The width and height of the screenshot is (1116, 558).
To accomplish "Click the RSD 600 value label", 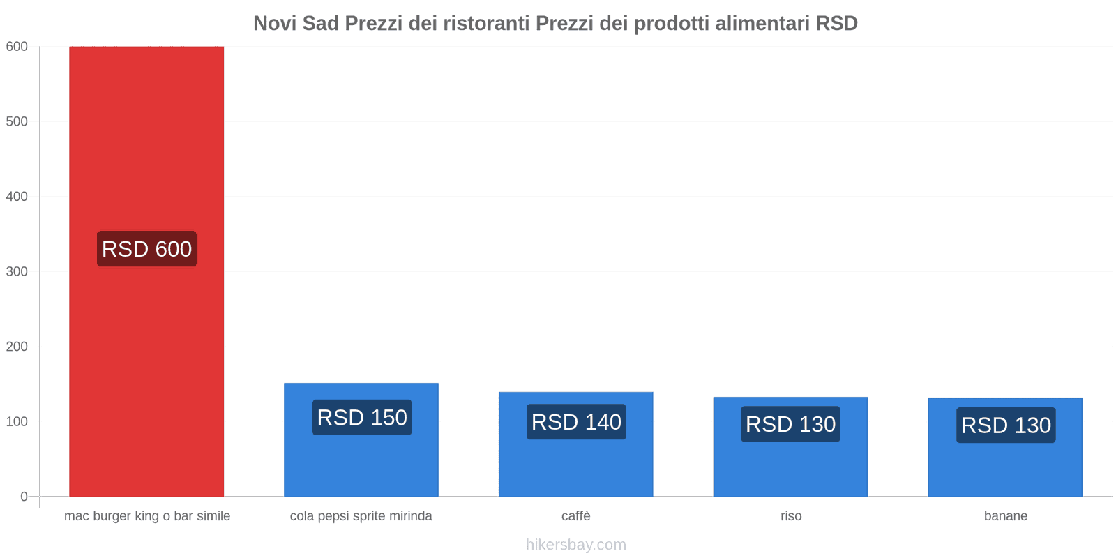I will (146, 249).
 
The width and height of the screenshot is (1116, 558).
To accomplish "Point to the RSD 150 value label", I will (362, 418).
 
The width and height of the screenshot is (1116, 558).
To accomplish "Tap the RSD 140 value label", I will (576, 422).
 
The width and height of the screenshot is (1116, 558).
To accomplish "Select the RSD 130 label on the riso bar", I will (790, 424).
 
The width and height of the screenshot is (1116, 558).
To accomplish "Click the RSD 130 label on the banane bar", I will (1006, 425).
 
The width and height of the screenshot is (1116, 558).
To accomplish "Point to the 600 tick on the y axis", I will (17, 47).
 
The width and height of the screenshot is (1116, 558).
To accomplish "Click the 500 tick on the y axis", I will (17, 121).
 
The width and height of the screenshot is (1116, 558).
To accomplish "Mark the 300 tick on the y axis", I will (17, 271).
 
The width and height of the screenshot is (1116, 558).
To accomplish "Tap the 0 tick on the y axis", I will (24, 497).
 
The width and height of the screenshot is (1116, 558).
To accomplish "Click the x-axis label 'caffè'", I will (576, 516).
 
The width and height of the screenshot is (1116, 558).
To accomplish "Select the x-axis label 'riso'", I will (791, 516).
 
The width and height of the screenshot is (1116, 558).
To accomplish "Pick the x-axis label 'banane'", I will (1006, 516).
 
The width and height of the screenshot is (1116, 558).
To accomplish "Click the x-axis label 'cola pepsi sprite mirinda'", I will (361, 516).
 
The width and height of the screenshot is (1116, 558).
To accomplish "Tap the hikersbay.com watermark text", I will (576, 545).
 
